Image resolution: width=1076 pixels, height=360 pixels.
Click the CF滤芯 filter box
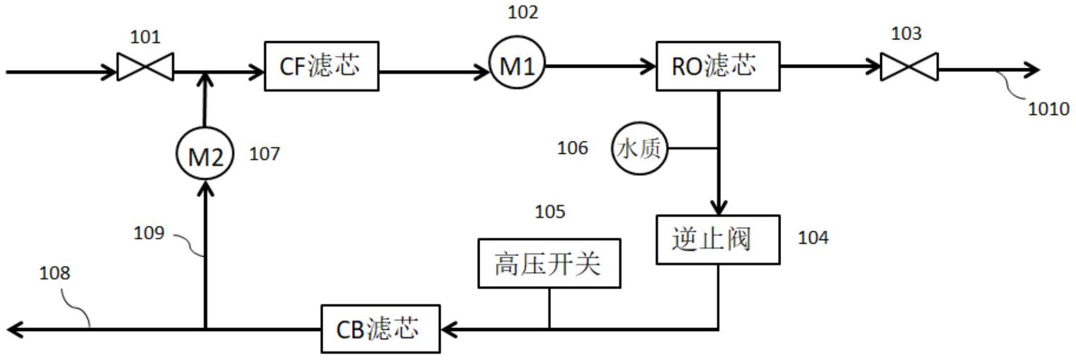[x=321, y=66]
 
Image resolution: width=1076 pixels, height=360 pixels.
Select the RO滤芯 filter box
[x=718, y=66]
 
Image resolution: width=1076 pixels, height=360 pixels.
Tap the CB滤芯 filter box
[x=380, y=329]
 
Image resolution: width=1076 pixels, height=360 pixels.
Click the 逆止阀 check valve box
[x=718, y=240]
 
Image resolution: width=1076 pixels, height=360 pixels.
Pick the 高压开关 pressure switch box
[x=549, y=263]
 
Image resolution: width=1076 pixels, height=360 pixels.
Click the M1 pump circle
[x=517, y=63]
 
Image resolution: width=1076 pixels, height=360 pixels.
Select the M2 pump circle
[x=205, y=154]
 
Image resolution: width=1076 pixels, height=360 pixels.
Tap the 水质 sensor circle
[x=640, y=148]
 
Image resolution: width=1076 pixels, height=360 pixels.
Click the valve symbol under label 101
[x=145, y=66]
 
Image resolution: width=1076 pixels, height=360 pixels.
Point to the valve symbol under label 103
[x=909, y=66]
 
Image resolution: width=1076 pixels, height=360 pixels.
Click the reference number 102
[x=523, y=12]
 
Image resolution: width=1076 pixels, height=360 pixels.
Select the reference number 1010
[x=1048, y=110]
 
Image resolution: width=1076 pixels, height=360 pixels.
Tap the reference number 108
[x=55, y=273]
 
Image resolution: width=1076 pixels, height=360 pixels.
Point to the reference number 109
[x=149, y=233]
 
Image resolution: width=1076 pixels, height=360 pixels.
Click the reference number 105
[x=550, y=212]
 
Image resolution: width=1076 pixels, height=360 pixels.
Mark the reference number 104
[x=813, y=238]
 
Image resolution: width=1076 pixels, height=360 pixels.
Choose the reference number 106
[x=572, y=148]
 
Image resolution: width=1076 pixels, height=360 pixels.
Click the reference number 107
[x=265, y=154]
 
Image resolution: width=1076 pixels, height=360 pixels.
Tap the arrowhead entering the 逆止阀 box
[x=718, y=207]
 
